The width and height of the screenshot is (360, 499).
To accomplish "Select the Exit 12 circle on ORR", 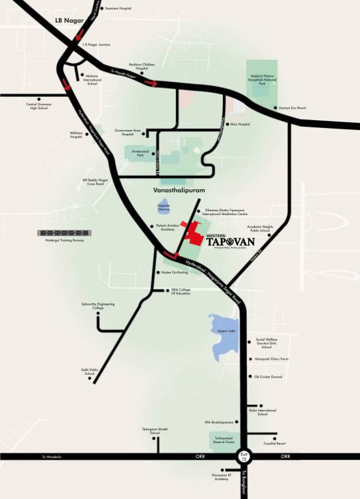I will [x=244, y=457].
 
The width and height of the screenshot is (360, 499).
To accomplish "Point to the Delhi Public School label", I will [x=89, y=372].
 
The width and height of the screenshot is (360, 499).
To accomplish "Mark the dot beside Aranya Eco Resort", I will [x=277, y=108].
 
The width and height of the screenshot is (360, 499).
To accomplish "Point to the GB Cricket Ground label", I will [x=268, y=377].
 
